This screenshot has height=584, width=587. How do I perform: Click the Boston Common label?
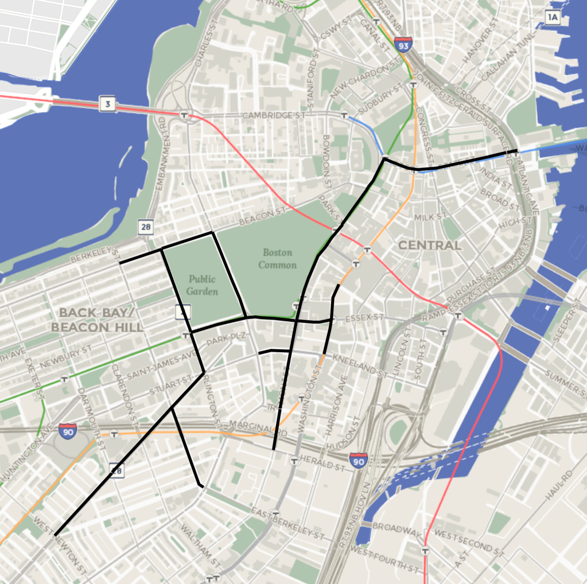tap(278, 259)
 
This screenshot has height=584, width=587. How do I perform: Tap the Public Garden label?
tap(203, 285)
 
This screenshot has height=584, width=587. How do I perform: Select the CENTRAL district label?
tap(430, 246)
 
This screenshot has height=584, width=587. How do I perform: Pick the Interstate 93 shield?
tap(403, 44)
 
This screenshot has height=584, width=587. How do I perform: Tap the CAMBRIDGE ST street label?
tap(273, 115)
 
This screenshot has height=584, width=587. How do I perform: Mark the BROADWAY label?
tap(393, 525)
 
